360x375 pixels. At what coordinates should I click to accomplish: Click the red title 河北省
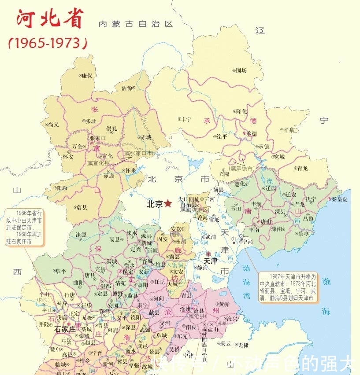pos(50,19)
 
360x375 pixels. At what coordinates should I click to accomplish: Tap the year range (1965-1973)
pos(48,43)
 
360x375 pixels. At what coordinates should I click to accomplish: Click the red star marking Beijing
pos(168,204)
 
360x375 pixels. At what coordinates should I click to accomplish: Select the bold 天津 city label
pos(210,261)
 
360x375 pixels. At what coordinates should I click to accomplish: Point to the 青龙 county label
pos(302,168)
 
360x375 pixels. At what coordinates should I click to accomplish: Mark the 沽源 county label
pos(127,88)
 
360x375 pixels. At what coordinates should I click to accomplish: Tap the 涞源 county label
pos(81,234)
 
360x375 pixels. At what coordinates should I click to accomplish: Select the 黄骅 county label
pos(223,304)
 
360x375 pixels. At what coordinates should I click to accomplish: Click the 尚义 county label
pos(54,125)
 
